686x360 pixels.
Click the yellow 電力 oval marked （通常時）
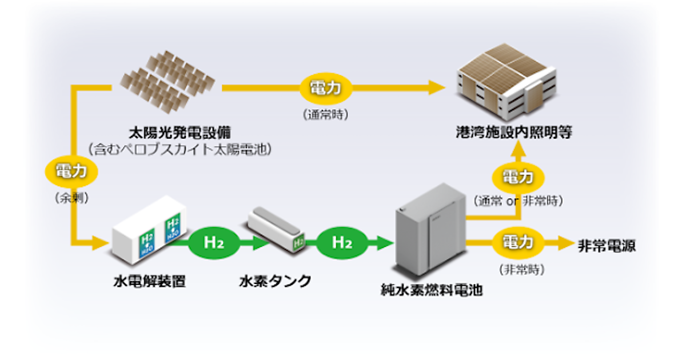325,89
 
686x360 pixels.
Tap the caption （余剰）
71,198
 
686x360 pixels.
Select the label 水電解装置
149,281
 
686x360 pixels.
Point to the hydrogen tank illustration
276,229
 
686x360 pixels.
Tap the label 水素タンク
275,281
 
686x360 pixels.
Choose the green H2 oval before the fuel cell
342,243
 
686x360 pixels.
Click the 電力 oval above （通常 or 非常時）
517,177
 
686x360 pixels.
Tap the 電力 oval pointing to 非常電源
517,242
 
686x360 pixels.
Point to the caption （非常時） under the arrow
521,269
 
